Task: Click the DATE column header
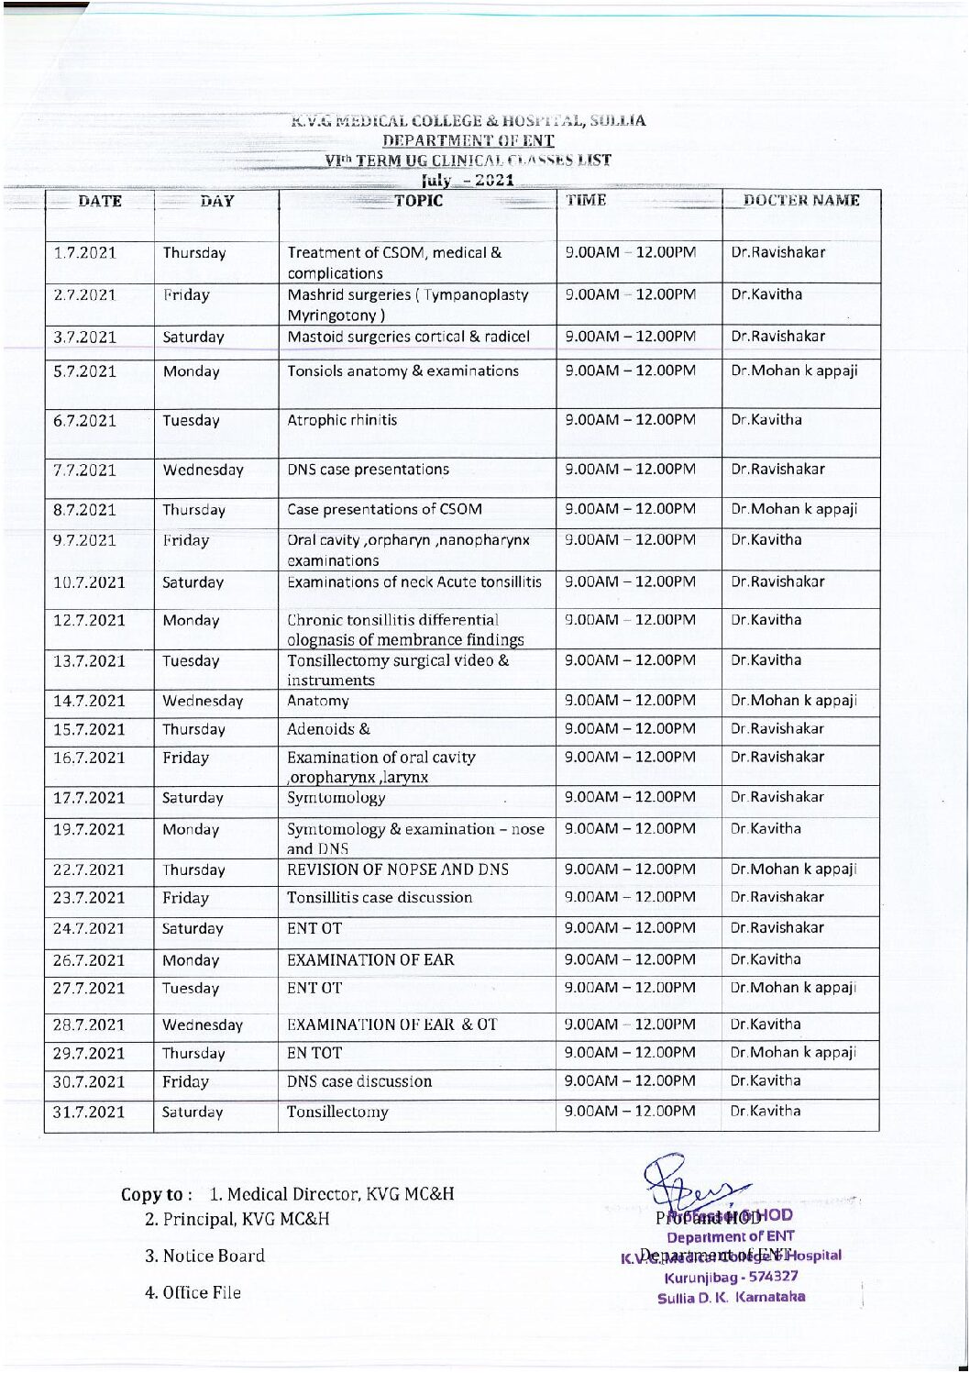click(100, 202)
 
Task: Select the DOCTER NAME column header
click(800, 201)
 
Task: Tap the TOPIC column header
click(418, 201)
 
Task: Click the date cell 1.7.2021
click(85, 253)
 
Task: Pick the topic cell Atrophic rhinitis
click(343, 421)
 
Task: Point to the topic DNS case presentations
click(369, 470)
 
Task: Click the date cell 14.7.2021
click(89, 702)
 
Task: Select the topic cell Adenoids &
click(329, 730)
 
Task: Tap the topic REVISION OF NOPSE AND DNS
click(398, 870)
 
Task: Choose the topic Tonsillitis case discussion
click(380, 898)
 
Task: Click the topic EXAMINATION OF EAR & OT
click(392, 1025)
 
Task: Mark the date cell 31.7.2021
click(89, 1113)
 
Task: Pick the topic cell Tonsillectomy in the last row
click(337, 1113)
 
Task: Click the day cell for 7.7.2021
click(203, 471)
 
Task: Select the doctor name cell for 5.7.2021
click(794, 371)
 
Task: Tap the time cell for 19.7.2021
click(630, 829)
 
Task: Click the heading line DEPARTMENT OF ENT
click(468, 140)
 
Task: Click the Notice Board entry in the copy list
click(204, 1257)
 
